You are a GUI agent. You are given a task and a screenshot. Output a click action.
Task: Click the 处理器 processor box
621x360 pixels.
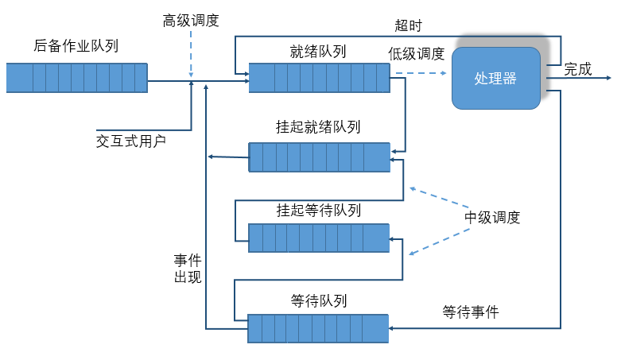tap(496, 78)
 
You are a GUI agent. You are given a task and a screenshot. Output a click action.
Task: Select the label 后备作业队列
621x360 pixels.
tap(76, 46)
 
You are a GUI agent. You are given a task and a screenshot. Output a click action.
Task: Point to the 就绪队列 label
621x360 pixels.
tap(318, 52)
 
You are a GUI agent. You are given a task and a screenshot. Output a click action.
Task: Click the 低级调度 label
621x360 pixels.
tap(416, 53)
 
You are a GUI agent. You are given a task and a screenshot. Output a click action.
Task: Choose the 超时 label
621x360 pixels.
tap(408, 25)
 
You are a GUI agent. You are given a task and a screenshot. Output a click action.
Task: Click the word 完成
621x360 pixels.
tap(578, 69)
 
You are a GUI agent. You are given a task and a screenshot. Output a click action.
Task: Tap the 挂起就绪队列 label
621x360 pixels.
tap(318, 127)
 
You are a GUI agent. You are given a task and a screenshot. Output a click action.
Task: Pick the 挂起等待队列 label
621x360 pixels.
tap(318, 211)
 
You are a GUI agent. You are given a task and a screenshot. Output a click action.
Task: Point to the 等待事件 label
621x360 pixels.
tap(471, 312)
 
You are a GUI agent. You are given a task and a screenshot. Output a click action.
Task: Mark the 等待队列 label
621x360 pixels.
tap(318, 301)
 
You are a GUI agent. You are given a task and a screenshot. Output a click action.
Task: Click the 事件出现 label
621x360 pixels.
tap(188, 269)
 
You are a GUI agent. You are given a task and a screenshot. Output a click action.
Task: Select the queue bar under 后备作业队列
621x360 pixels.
tap(77, 78)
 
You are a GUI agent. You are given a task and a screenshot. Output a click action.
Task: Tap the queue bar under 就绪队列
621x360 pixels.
tap(319, 78)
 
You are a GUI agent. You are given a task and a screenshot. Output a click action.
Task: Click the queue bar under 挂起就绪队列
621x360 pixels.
tap(319, 157)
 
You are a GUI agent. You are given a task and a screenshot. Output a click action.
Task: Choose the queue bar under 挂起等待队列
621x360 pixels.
tap(319, 238)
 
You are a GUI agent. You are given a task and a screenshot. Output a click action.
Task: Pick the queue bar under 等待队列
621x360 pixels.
tap(318, 328)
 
